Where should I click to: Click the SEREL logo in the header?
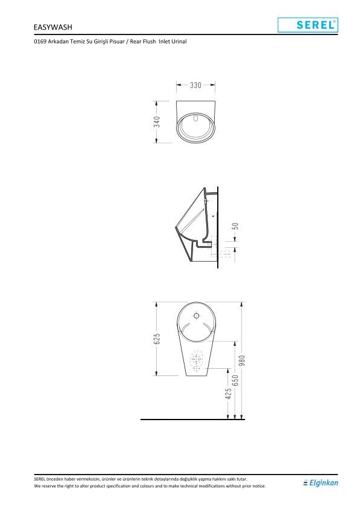(308, 25)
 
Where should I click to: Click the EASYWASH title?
(53, 27)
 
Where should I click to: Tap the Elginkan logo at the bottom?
(320, 483)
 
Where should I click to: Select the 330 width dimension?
(195, 85)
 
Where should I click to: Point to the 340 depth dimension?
(157, 122)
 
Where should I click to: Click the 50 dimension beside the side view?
(235, 226)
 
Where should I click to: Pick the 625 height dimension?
(157, 339)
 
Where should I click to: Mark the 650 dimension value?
(235, 380)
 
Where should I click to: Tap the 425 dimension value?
(229, 394)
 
